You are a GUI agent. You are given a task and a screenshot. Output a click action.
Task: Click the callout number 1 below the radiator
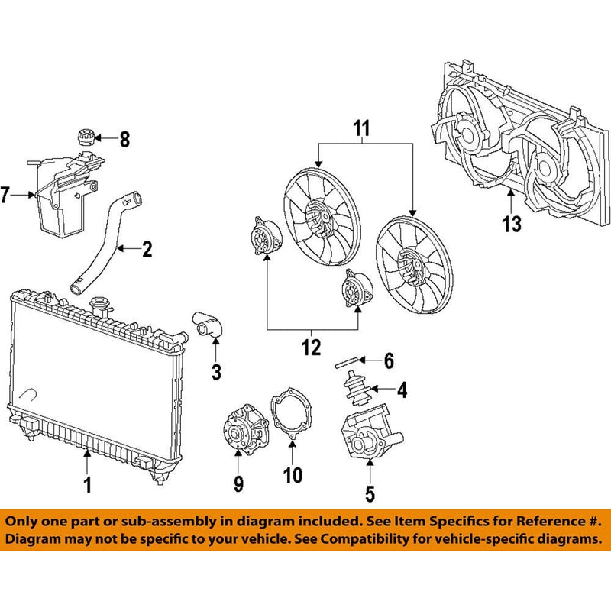[87, 484]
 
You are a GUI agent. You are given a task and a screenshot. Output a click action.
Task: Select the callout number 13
[512, 224]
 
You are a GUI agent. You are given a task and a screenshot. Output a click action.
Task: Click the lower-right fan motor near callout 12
[353, 290]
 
